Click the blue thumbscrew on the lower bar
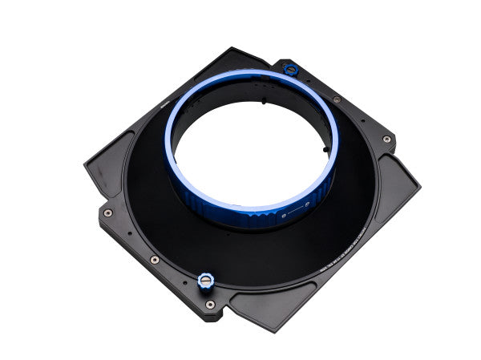coord(204,280)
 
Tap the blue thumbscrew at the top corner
coord(289,69)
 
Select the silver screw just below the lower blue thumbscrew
coord(209,304)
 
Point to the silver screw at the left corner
coord(107,213)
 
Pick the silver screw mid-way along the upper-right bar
coord(337,99)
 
